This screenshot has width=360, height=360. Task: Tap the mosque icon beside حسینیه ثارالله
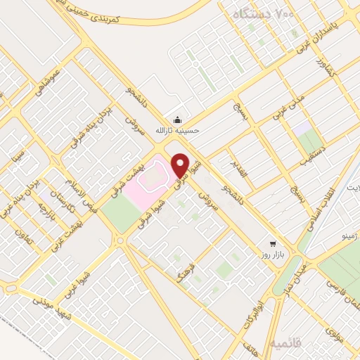(x=176, y=118)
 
